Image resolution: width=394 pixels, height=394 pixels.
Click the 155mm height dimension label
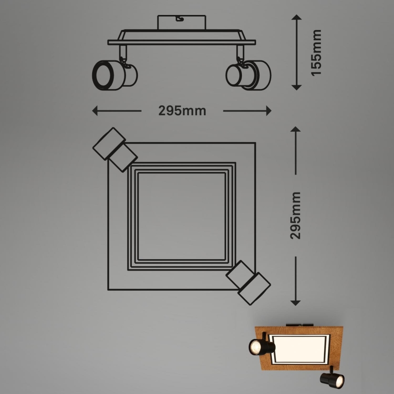click(x=316, y=53)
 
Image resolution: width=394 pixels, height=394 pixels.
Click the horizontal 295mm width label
click(x=182, y=111)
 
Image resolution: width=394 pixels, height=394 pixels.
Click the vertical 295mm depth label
click(x=295, y=215)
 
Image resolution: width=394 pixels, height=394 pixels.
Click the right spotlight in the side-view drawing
click(x=248, y=74)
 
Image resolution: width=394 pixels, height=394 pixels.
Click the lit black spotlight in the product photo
click(x=261, y=347)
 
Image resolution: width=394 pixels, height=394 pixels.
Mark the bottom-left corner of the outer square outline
click(x=108, y=289)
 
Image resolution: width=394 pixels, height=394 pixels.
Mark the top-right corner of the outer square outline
click(x=255, y=143)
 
